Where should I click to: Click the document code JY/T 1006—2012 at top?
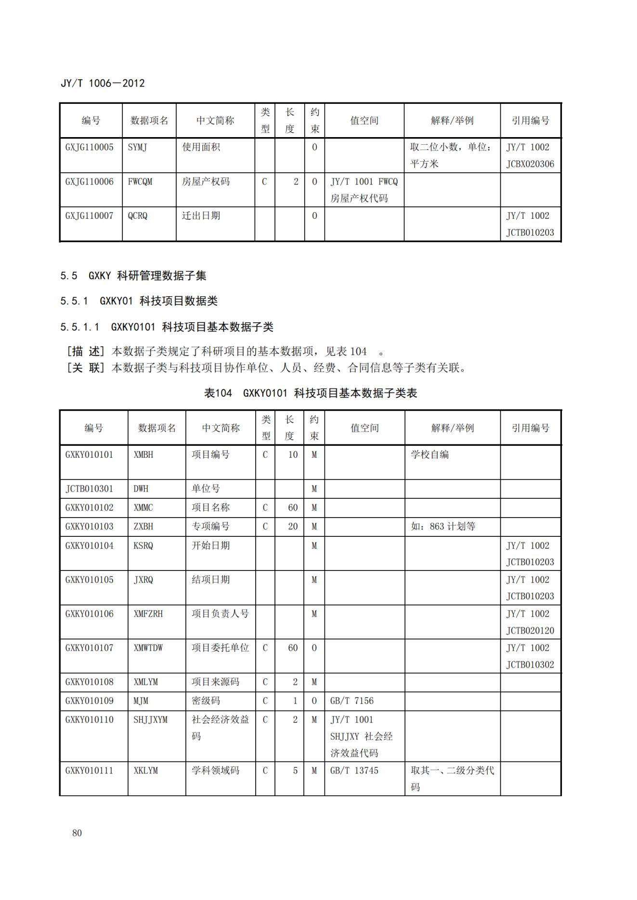click(x=103, y=83)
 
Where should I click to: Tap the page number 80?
click(x=77, y=833)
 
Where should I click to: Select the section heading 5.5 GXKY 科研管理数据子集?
click(x=133, y=276)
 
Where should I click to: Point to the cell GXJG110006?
click(x=90, y=182)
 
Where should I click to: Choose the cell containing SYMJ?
click(x=138, y=148)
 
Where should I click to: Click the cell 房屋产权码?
click(x=206, y=182)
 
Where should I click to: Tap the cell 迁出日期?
click(x=201, y=216)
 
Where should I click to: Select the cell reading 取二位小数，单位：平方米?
click(x=451, y=155)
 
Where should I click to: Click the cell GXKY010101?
click(x=90, y=455)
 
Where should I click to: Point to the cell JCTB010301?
click(x=90, y=489)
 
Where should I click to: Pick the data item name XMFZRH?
click(x=148, y=614)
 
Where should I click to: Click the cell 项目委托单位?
click(x=220, y=648)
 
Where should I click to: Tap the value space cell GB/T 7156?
click(x=352, y=701)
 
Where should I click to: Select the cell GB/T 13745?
click(x=354, y=771)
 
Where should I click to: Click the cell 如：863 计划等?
click(x=443, y=526)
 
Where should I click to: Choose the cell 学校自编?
click(x=429, y=455)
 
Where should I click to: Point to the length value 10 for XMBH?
click(x=293, y=455)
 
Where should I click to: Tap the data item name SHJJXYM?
click(x=151, y=720)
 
